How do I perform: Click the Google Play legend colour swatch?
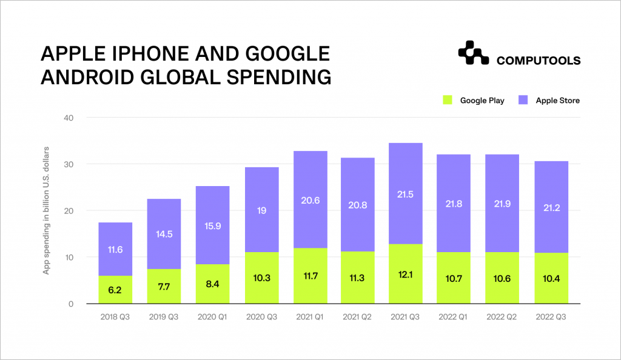coord(448,100)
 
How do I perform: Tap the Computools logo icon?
coord(473,53)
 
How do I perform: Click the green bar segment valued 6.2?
coord(115,290)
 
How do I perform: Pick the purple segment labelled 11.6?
coord(115,249)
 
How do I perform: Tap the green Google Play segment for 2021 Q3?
coord(406,274)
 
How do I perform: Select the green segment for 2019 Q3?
coord(164,286)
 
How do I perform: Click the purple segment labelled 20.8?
coord(357,204)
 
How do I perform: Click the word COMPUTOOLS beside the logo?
coord(539,61)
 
